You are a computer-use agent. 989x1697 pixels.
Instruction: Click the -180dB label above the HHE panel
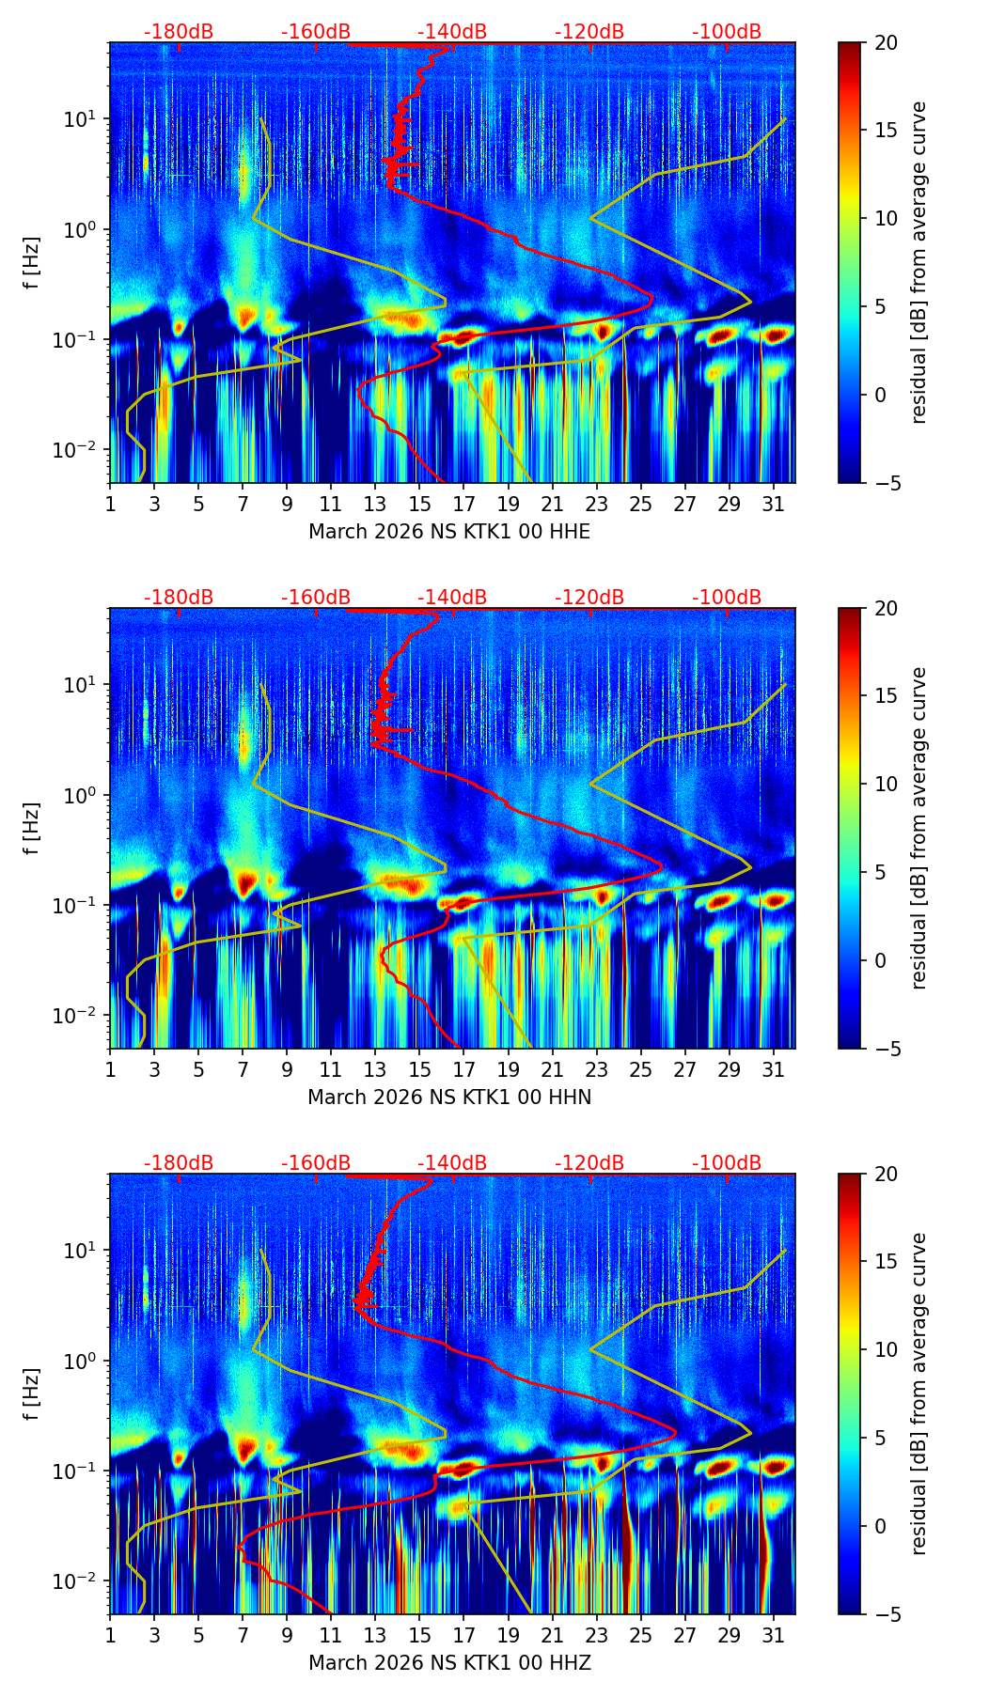point(179,32)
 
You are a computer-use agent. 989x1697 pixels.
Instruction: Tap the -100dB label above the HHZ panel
point(727,1163)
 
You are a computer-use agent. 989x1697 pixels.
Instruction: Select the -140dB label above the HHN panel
point(452,598)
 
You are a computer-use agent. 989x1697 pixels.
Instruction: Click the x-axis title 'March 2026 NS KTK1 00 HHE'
point(449,532)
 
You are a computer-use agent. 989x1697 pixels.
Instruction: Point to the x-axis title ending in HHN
point(449,1098)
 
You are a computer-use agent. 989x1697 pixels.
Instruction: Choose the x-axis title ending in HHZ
point(449,1663)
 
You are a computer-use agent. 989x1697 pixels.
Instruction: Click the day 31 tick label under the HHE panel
point(773,504)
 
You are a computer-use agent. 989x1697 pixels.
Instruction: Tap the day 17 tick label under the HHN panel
point(463,1069)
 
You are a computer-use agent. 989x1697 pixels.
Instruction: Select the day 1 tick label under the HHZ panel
point(111,1635)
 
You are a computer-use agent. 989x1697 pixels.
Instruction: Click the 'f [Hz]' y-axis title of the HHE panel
point(32,263)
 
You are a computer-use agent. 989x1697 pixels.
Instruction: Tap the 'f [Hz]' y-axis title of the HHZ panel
point(32,1394)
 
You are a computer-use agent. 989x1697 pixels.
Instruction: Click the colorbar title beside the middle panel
point(918,828)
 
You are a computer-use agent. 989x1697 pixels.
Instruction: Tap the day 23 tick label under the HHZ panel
point(596,1635)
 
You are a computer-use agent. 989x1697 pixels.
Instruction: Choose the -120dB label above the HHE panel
point(589,32)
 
